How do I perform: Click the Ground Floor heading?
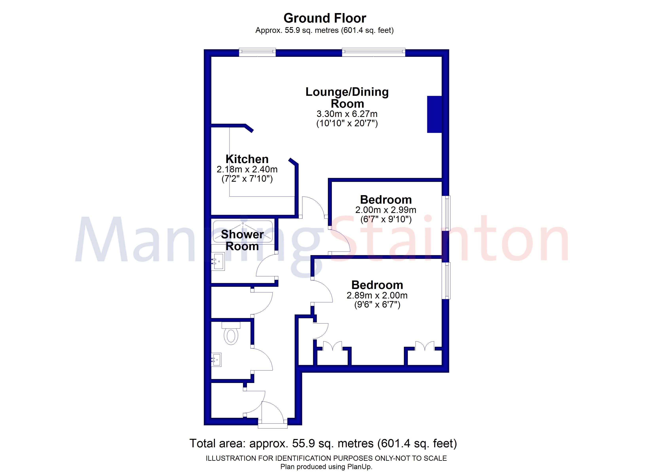[325, 18]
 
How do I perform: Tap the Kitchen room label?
[247, 159]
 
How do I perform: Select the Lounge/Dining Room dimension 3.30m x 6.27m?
[347, 114]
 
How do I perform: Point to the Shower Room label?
[242, 240]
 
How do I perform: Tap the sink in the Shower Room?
[218, 262]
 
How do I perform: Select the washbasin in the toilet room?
[216, 359]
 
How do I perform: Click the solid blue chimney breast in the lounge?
[434, 114]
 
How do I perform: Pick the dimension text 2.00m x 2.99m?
[385, 210]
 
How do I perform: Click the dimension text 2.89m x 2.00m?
[377, 295]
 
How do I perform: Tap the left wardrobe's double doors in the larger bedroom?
[333, 346]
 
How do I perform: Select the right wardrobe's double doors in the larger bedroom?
[425, 346]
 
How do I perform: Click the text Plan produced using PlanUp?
[326, 467]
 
